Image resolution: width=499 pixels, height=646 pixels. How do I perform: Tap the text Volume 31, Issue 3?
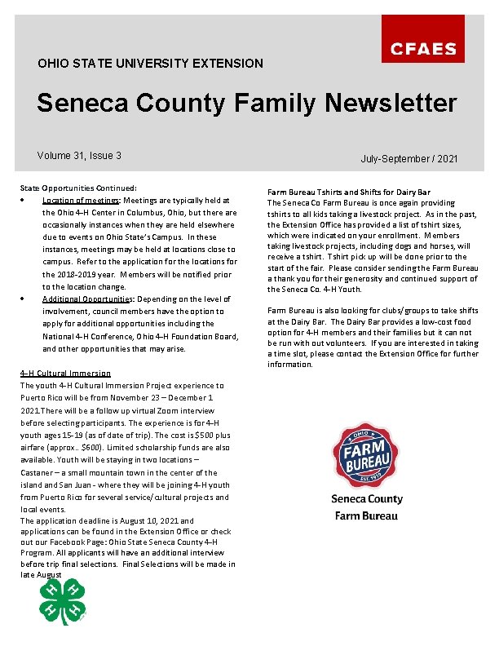click(79, 156)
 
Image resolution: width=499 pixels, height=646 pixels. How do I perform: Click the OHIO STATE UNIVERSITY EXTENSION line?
click(150, 63)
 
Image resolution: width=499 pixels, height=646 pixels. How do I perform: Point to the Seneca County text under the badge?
click(367, 498)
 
